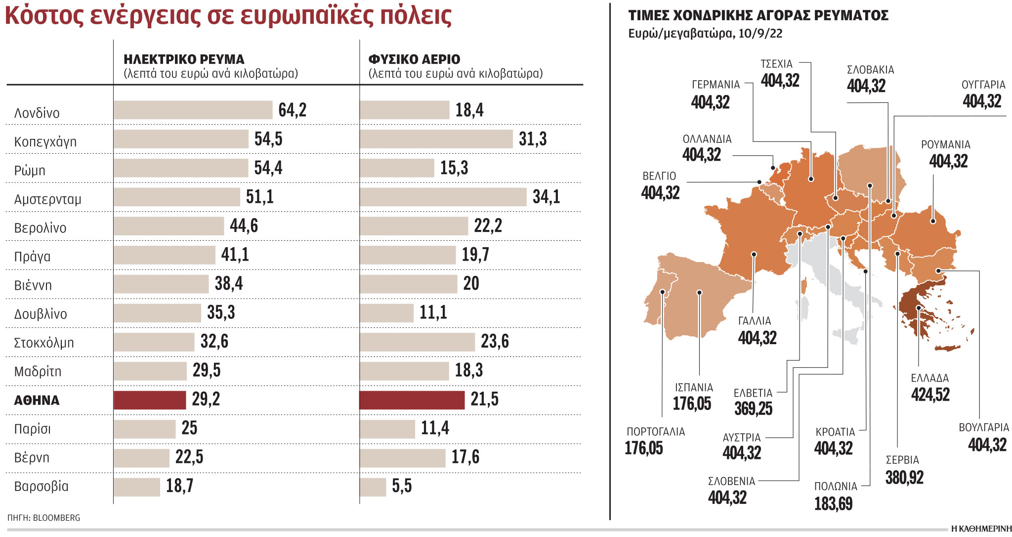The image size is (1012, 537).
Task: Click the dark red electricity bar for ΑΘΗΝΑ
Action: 150,400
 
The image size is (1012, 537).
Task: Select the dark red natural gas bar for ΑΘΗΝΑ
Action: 412,400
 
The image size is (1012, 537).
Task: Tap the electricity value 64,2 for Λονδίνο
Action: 293,110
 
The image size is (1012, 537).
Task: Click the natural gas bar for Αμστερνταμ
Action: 443,197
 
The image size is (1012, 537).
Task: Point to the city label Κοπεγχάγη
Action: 45,142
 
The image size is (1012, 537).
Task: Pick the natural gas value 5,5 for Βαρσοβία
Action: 402,486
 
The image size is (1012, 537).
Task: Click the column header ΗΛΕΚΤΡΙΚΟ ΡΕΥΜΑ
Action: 184,60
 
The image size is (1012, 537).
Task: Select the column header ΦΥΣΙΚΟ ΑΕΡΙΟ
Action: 414,60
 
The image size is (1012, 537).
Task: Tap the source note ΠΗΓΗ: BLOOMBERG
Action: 43,518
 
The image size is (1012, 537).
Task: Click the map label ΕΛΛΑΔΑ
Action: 929,378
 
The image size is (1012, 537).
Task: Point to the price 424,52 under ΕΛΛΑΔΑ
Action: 930,395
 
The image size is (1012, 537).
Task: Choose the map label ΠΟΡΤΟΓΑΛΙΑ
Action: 656,432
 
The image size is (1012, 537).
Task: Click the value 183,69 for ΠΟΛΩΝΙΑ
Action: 833,504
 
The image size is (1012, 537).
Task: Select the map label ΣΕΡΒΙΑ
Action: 902,460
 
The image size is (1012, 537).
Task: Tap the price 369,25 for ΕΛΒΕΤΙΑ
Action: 753,408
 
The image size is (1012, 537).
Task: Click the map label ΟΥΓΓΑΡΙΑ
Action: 983,85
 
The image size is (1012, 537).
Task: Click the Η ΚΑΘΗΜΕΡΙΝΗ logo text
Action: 981,529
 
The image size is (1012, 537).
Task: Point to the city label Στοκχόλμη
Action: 44,343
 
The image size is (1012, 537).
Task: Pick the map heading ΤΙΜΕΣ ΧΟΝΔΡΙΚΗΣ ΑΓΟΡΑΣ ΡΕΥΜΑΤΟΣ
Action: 758,16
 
